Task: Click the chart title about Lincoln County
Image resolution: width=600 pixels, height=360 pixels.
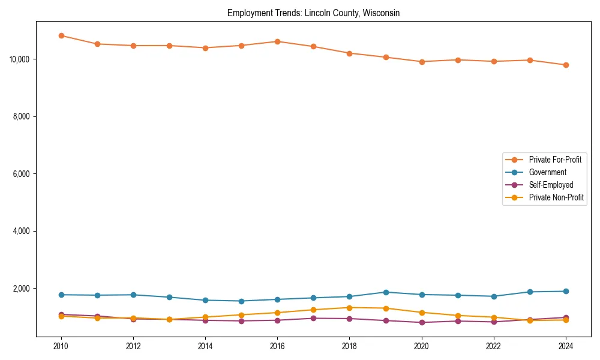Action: point(313,13)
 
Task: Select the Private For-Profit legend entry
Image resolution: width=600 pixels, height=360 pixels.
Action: point(551,160)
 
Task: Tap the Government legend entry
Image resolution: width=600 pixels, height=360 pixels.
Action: point(547,172)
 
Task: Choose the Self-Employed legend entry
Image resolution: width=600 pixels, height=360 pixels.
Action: point(551,185)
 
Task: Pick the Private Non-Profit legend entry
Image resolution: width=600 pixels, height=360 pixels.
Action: point(556,197)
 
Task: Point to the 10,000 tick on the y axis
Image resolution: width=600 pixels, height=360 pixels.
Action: point(21,59)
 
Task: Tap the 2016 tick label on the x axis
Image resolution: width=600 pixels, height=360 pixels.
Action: point(277,346)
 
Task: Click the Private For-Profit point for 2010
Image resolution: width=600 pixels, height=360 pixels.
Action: point(61,35)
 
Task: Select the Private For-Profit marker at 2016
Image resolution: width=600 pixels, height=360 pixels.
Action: point(277,41)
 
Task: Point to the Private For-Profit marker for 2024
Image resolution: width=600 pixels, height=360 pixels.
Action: point(566,65)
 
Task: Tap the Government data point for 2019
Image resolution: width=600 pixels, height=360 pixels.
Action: point(386,292)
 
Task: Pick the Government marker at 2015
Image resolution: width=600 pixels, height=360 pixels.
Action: point(241,301)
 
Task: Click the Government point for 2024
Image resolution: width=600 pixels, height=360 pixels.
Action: point(566,292)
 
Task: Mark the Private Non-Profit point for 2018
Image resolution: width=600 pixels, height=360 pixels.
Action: point(349,308)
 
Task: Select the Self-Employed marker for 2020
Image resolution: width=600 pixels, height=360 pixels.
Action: point(422,322)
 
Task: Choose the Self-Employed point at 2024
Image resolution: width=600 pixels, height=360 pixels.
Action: point(566,317)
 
